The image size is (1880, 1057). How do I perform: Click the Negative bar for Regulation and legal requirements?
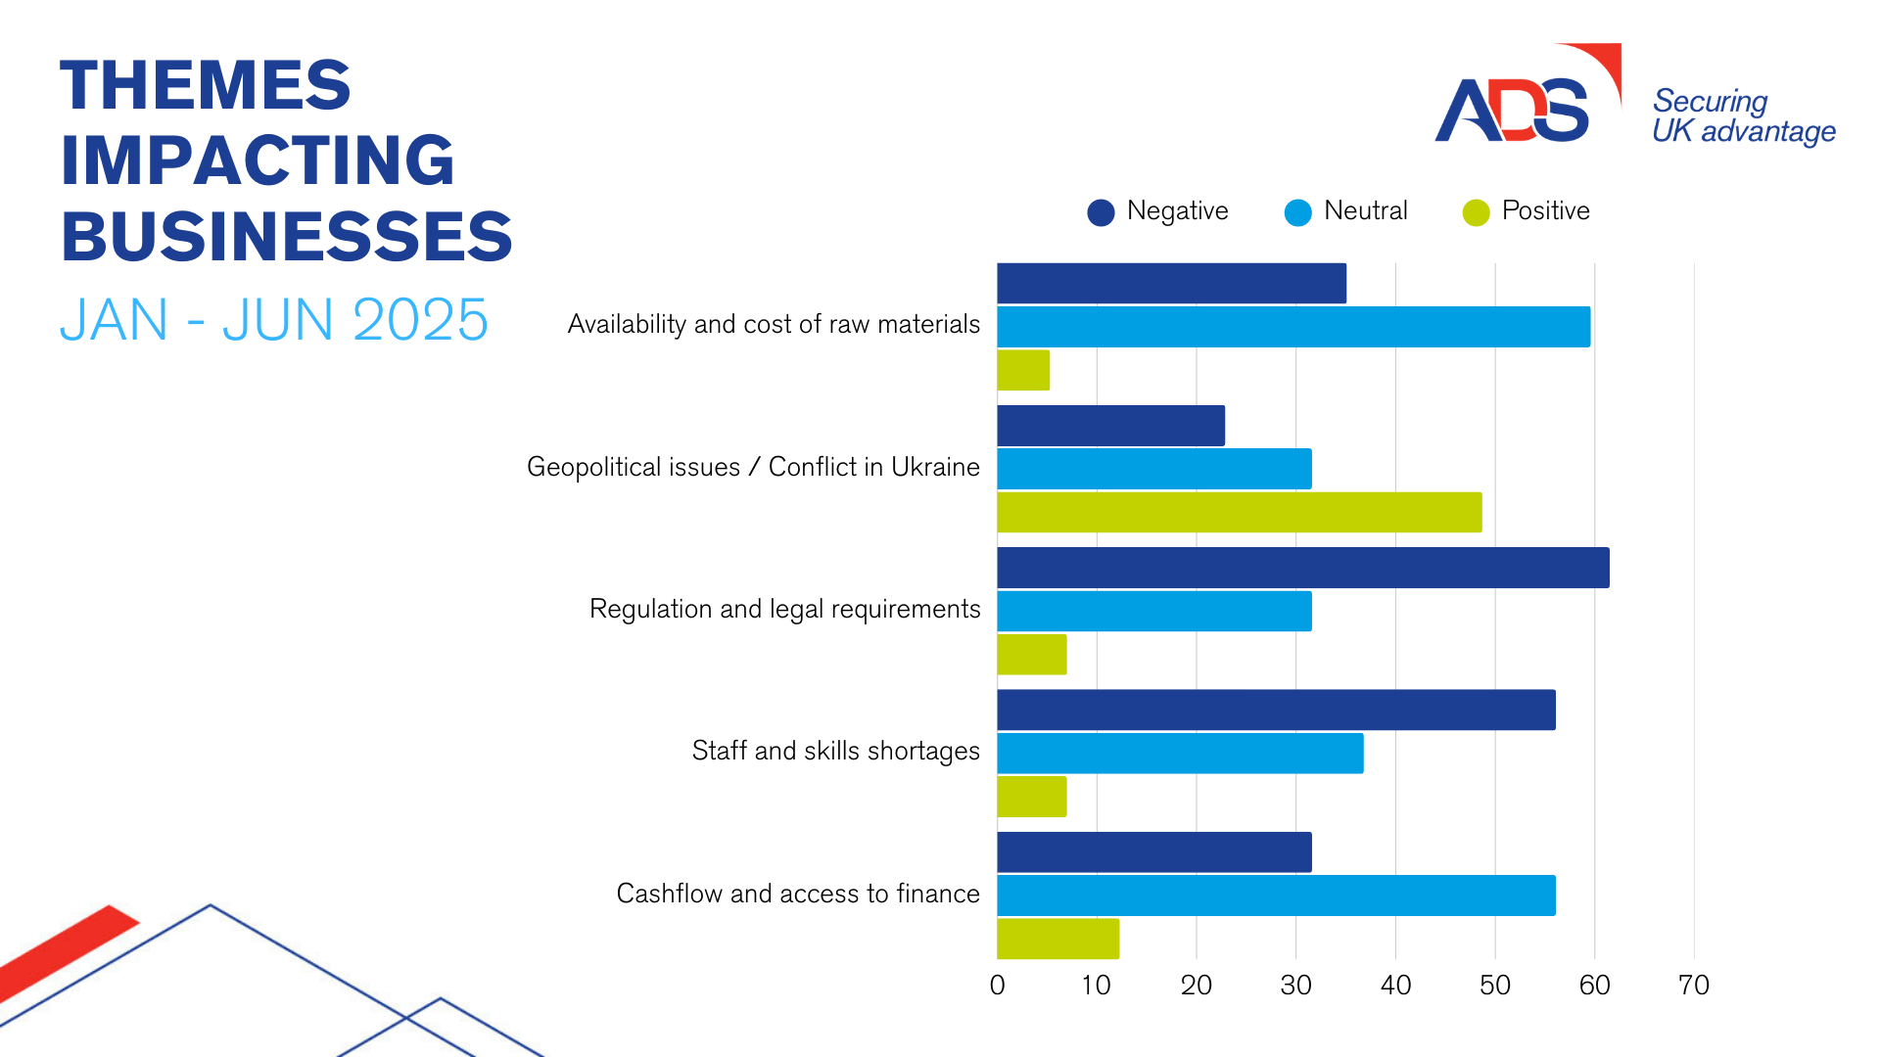coord(1302,568)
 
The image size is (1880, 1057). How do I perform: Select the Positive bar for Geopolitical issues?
coord(1239,513)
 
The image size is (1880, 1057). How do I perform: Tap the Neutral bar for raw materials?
coord(1292,327)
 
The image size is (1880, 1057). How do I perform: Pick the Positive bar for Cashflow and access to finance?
coord(1057,939)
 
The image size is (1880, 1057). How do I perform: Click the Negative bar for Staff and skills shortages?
coord(1276,710)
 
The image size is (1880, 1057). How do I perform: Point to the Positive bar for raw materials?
coord(1023,370)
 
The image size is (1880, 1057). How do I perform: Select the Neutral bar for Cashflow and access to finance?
coord(1276,896)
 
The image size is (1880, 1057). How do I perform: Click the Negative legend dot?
coord(1101,212)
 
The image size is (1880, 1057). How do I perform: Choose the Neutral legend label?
coord(1365,210)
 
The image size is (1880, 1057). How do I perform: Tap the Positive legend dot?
coord(1476,212)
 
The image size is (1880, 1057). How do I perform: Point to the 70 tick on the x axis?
coord(1693,985)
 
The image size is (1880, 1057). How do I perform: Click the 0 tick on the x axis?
coord(997,985)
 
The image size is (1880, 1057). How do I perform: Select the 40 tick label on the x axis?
coord(1395,985)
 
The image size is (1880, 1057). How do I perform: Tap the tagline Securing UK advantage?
coord(1743,115)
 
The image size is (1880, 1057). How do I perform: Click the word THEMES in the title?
coord(206,85)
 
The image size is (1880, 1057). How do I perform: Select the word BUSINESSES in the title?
coord(286,237)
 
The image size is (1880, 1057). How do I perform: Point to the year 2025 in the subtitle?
coord(420,320)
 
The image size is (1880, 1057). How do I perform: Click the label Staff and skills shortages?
coord(835,751)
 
